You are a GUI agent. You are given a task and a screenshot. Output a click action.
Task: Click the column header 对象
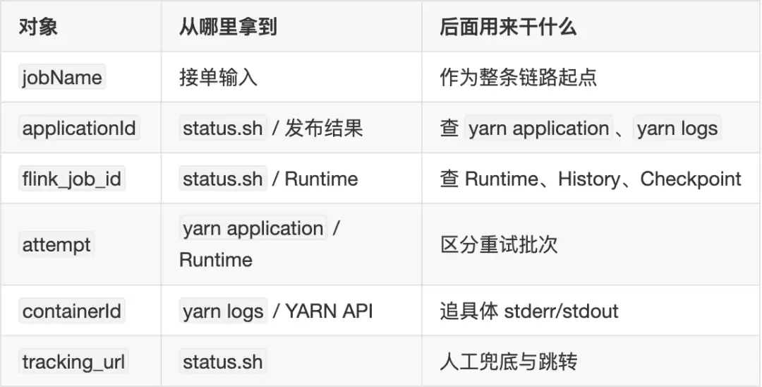point(38,26)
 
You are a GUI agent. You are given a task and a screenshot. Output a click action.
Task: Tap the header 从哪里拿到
point(228,26)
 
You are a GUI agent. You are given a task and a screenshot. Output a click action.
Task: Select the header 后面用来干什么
point(508,26)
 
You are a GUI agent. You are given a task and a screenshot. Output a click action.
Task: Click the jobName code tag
point(62,78)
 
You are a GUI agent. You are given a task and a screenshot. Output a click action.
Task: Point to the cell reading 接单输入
point(218,78)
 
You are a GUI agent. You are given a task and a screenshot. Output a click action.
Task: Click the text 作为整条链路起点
point(518,78)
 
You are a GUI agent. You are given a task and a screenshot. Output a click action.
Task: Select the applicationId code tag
point(79,129)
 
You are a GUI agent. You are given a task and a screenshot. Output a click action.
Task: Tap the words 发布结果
point(324,129)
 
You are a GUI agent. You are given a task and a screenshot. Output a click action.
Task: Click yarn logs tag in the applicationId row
point(677,129)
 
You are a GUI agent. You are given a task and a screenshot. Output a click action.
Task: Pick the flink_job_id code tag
point(72,179)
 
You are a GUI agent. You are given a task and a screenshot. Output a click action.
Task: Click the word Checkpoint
point(691,179)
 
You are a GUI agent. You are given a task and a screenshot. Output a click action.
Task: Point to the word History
point(589,179)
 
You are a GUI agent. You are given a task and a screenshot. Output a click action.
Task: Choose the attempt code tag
point(56,244)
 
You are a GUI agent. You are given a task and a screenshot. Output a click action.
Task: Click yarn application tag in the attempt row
point(253,229)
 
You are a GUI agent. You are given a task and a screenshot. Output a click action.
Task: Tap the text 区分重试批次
point(499,244)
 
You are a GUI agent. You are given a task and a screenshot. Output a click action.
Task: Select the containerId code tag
point(72,311)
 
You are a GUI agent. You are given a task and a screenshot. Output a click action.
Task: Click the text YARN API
point(329,311)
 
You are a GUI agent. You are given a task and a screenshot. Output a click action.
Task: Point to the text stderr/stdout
point(562,311)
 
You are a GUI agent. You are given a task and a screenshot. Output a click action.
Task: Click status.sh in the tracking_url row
point(223,362)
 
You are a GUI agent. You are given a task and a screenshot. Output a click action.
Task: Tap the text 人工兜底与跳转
point(508,362)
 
